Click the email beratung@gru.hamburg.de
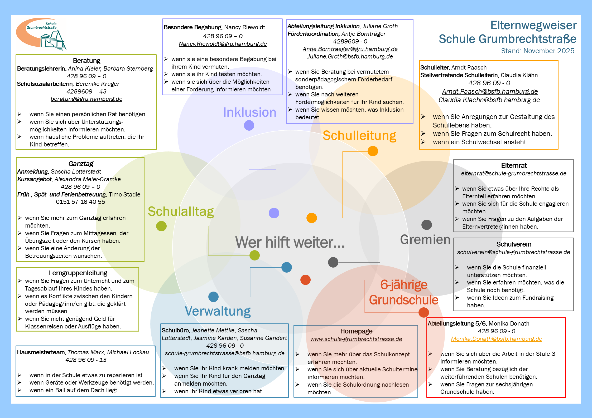click(86, 99)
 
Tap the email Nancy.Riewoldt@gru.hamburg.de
click(223, 44)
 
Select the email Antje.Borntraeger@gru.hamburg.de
click(350, 49)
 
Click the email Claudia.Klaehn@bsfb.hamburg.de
click(489, 100)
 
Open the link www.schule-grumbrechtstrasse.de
click(356, 339)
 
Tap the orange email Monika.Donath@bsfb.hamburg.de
click(496, 339)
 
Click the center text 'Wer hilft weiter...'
click(290, 242)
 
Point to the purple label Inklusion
click(249, 112)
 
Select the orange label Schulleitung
click(359, 136)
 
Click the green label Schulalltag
click(181, 212)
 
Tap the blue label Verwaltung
click(218, 311)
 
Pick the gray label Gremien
click(425, 239)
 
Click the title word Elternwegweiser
click(533, 26)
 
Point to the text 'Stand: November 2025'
click(537, 51)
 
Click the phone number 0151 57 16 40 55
click(80, 202)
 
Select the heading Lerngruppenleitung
click(78, 273)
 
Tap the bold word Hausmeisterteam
click(41, 352)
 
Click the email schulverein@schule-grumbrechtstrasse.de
click(513, 252)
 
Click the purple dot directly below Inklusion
click(249, 125)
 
